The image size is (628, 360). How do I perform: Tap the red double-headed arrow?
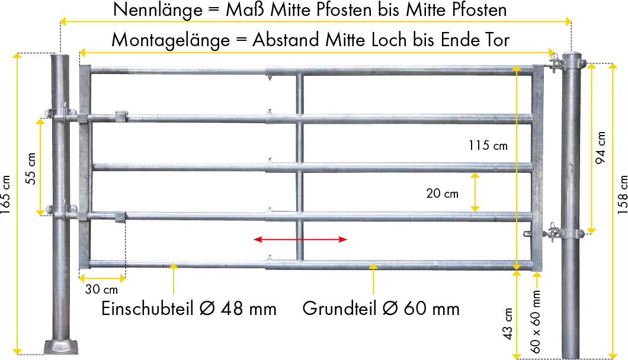click(x=301, y=240)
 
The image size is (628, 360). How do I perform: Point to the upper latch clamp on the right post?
click(x=557, y=62)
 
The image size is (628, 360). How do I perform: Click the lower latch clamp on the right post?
click(x=557, y=232)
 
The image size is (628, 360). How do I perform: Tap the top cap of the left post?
click(x=61, y=55)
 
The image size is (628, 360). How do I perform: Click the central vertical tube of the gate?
click(x=300, y=166)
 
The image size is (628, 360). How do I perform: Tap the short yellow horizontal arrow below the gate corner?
click(x=101, y=277)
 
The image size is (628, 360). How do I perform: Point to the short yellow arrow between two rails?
click(x=475, y=192)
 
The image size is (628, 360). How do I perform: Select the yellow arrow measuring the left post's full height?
click(x=18, y=201)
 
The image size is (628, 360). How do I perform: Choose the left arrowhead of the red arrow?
click(x=257, y=240)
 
